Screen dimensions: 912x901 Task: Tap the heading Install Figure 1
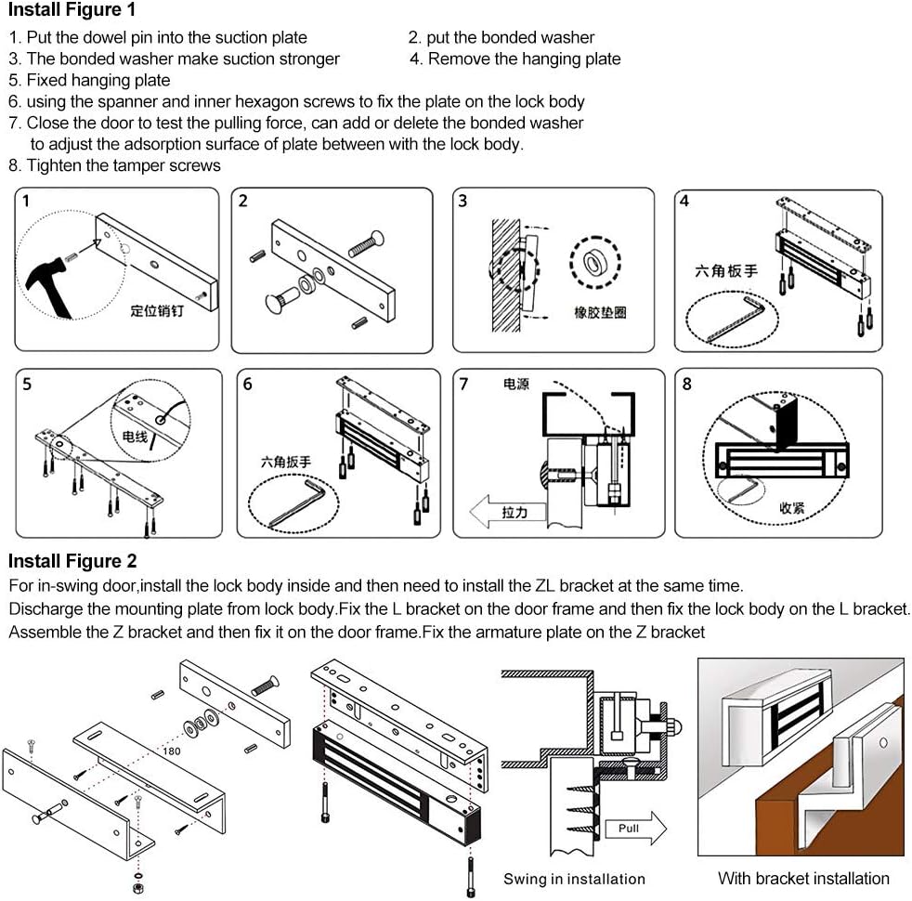[72, 11]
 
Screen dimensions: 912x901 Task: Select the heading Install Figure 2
[72, 561]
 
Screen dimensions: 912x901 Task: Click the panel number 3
[463, 201]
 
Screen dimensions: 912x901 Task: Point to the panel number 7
[464, 383]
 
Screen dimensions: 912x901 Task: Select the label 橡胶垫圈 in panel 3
[600, 313]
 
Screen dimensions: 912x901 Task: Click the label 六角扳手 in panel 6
[286, 461]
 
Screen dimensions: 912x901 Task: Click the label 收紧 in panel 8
[790, 509]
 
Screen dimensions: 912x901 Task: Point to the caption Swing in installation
[574, 879]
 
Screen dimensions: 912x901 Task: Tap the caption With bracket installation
[803, 878]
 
